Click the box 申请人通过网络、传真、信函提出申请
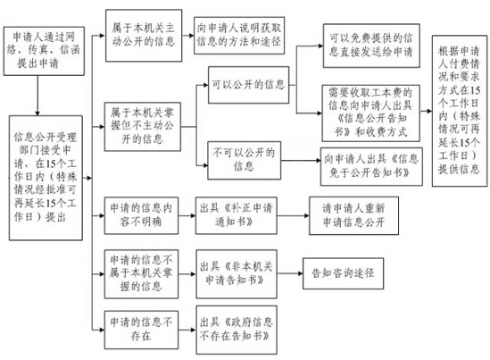(44, 51)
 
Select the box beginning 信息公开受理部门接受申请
(46, 178)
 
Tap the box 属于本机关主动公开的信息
(144, 36)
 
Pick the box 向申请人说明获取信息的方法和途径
(239, 36)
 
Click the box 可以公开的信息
(248, 85)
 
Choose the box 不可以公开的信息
(244, 160)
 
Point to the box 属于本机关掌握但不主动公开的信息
(143, 127)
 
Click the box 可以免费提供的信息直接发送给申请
(371, 46)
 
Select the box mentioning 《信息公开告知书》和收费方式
(371, 113)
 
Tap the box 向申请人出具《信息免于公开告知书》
(371, 166)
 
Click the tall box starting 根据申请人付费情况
(460, 111)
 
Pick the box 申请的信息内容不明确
(141, 215)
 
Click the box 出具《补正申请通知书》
(237, 215)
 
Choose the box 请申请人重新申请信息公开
(353, 215)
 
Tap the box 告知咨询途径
(343, 273)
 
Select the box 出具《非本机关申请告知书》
(237, 273)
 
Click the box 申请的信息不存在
(141, 330)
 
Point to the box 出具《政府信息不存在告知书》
(237, 330)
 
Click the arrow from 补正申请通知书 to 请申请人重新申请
(293, 215)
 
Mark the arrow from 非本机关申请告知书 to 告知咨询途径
(290, 273)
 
